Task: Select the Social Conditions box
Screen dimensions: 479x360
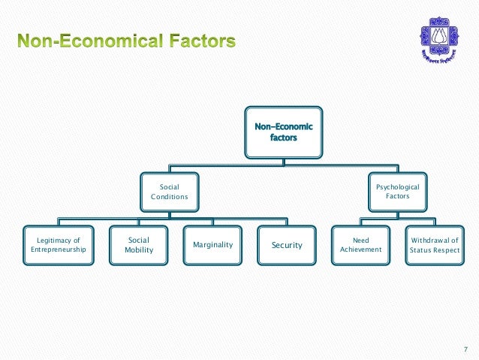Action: (x=169, y=191)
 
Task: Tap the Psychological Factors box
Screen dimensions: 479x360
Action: (x=397, y=191)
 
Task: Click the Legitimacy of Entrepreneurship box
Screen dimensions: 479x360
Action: (x=59, y=245)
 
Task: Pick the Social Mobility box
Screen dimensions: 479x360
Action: (x=139, y=245)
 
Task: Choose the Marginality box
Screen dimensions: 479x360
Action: (x=212, y=245)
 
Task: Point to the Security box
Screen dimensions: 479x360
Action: (x=287, y=245)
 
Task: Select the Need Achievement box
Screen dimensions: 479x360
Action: (x=360, y=245)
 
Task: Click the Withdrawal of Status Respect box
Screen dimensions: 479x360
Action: (x=434, y=245)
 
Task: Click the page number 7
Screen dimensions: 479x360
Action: (x=465, y=348)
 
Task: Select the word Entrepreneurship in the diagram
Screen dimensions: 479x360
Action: (x=59, y=250)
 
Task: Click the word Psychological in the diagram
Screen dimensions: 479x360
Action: (x=397, y=186)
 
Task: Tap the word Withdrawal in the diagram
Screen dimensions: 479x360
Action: (x=434, y=241)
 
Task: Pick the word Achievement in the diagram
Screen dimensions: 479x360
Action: (x=360, y=250)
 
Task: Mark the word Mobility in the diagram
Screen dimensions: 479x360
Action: (x=139, y=250)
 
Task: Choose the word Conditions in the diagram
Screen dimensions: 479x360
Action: (x=169, y=196)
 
